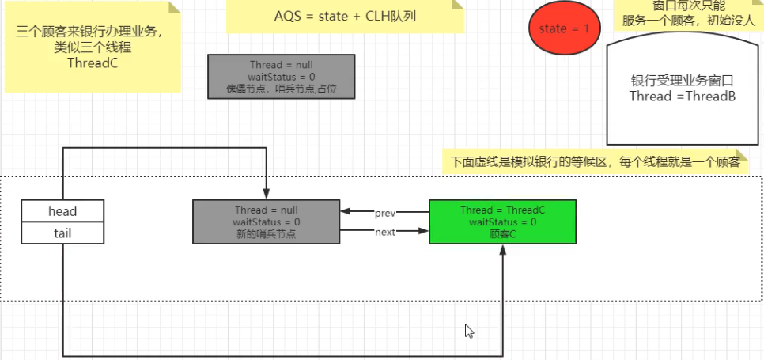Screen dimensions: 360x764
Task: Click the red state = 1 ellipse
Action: point(564,29)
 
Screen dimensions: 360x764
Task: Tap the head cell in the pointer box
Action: point(62,211)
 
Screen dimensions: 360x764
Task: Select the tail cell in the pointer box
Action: point(62,233)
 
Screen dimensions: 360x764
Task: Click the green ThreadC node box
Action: point(502,222)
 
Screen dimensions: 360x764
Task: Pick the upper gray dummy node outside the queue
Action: point(281,76)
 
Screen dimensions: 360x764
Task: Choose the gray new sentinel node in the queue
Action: point(267,222)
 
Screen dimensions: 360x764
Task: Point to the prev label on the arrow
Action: point(385,212)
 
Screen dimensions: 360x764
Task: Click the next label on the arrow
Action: point(385,232)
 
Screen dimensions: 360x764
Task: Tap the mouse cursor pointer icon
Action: point(469,331)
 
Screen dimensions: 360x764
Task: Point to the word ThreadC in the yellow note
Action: point(93,63)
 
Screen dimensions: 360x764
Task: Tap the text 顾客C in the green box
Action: point(502,234)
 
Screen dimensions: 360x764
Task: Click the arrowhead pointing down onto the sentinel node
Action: point(267,195)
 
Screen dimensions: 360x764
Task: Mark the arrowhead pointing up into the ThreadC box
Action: point(502,249)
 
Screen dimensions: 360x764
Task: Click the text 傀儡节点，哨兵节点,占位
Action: point(281,88)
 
